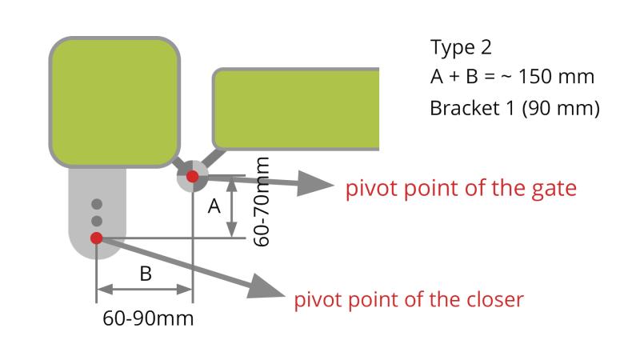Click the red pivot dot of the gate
(192, 176)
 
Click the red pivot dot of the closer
(97, 238)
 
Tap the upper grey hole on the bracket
(97, 203)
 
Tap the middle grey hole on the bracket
(97, 220)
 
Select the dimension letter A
(214, 206)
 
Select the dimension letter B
(146, 274)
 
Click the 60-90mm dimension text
(148, 318)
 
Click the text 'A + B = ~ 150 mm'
(512, 77)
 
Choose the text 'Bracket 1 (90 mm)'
(514, 107)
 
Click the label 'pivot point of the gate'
(461, 190)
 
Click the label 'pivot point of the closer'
(409, 300)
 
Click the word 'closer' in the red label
(494, 300)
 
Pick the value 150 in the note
(533, 77)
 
